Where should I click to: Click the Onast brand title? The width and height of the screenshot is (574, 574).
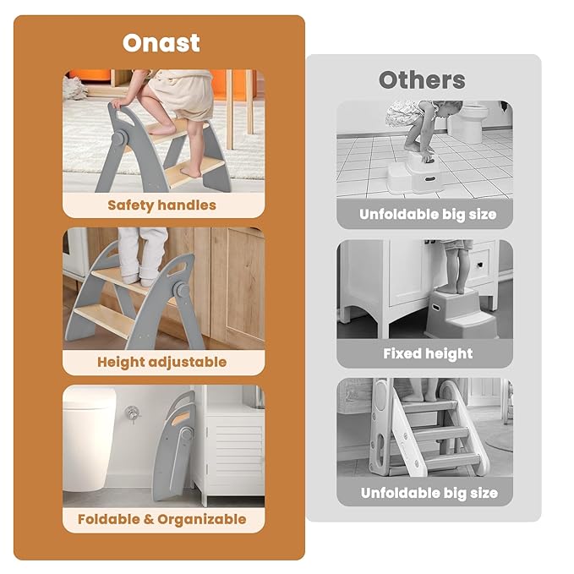coord(161,43)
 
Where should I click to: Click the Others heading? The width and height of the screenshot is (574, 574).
coord(422,79)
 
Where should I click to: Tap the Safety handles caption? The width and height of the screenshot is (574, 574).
coord(161,205)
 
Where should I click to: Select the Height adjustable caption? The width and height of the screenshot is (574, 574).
coord(161,362)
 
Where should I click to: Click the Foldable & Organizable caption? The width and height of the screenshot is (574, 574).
coord(161,519)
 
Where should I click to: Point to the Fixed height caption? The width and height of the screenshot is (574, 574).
coord(428,353)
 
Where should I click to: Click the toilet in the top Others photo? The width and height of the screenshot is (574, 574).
coord(468,123)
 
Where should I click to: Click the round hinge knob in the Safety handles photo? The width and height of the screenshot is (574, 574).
coord(118,139)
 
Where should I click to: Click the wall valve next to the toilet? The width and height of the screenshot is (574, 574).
coord(132,413)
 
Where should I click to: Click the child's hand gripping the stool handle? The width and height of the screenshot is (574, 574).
coord(119,103)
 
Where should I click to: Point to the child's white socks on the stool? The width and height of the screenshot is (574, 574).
coord(139,279)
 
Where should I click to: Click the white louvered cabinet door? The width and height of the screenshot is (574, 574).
coord(234,452)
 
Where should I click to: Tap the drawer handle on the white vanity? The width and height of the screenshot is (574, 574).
coord(478,265)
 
